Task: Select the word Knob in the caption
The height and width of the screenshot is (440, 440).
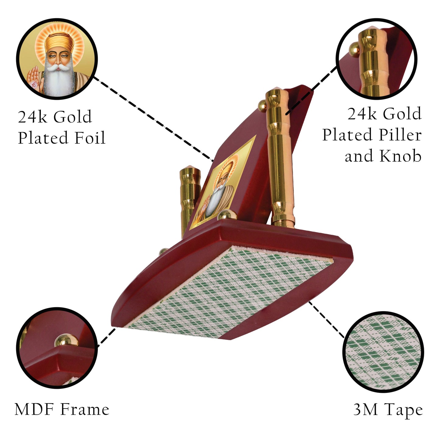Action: (400, 156)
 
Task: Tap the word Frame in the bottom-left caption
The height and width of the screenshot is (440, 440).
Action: (85, 409)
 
